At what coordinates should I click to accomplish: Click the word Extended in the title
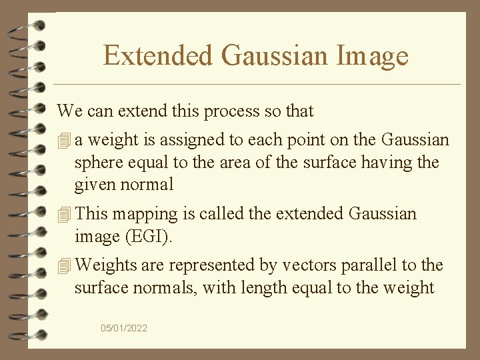pyautogui.click(x=158, y=55)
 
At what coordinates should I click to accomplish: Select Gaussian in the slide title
pyautogui.click(x=275, y=55)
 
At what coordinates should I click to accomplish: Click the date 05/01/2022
pyautogui.click(x=124, y=328)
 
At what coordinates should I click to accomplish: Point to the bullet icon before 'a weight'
pyautogui.click(x=64, y=141)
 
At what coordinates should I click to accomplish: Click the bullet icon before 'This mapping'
pyautogui.click(x=64, y=215)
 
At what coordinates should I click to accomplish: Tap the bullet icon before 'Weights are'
pyautogui.click(x=64, y=265)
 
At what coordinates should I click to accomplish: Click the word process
pyautogui.click(x=232, y=111)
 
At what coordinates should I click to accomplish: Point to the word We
pyautogui.click(x=67, y=111)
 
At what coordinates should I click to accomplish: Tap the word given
pyautogui.click(x=94, y=184)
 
